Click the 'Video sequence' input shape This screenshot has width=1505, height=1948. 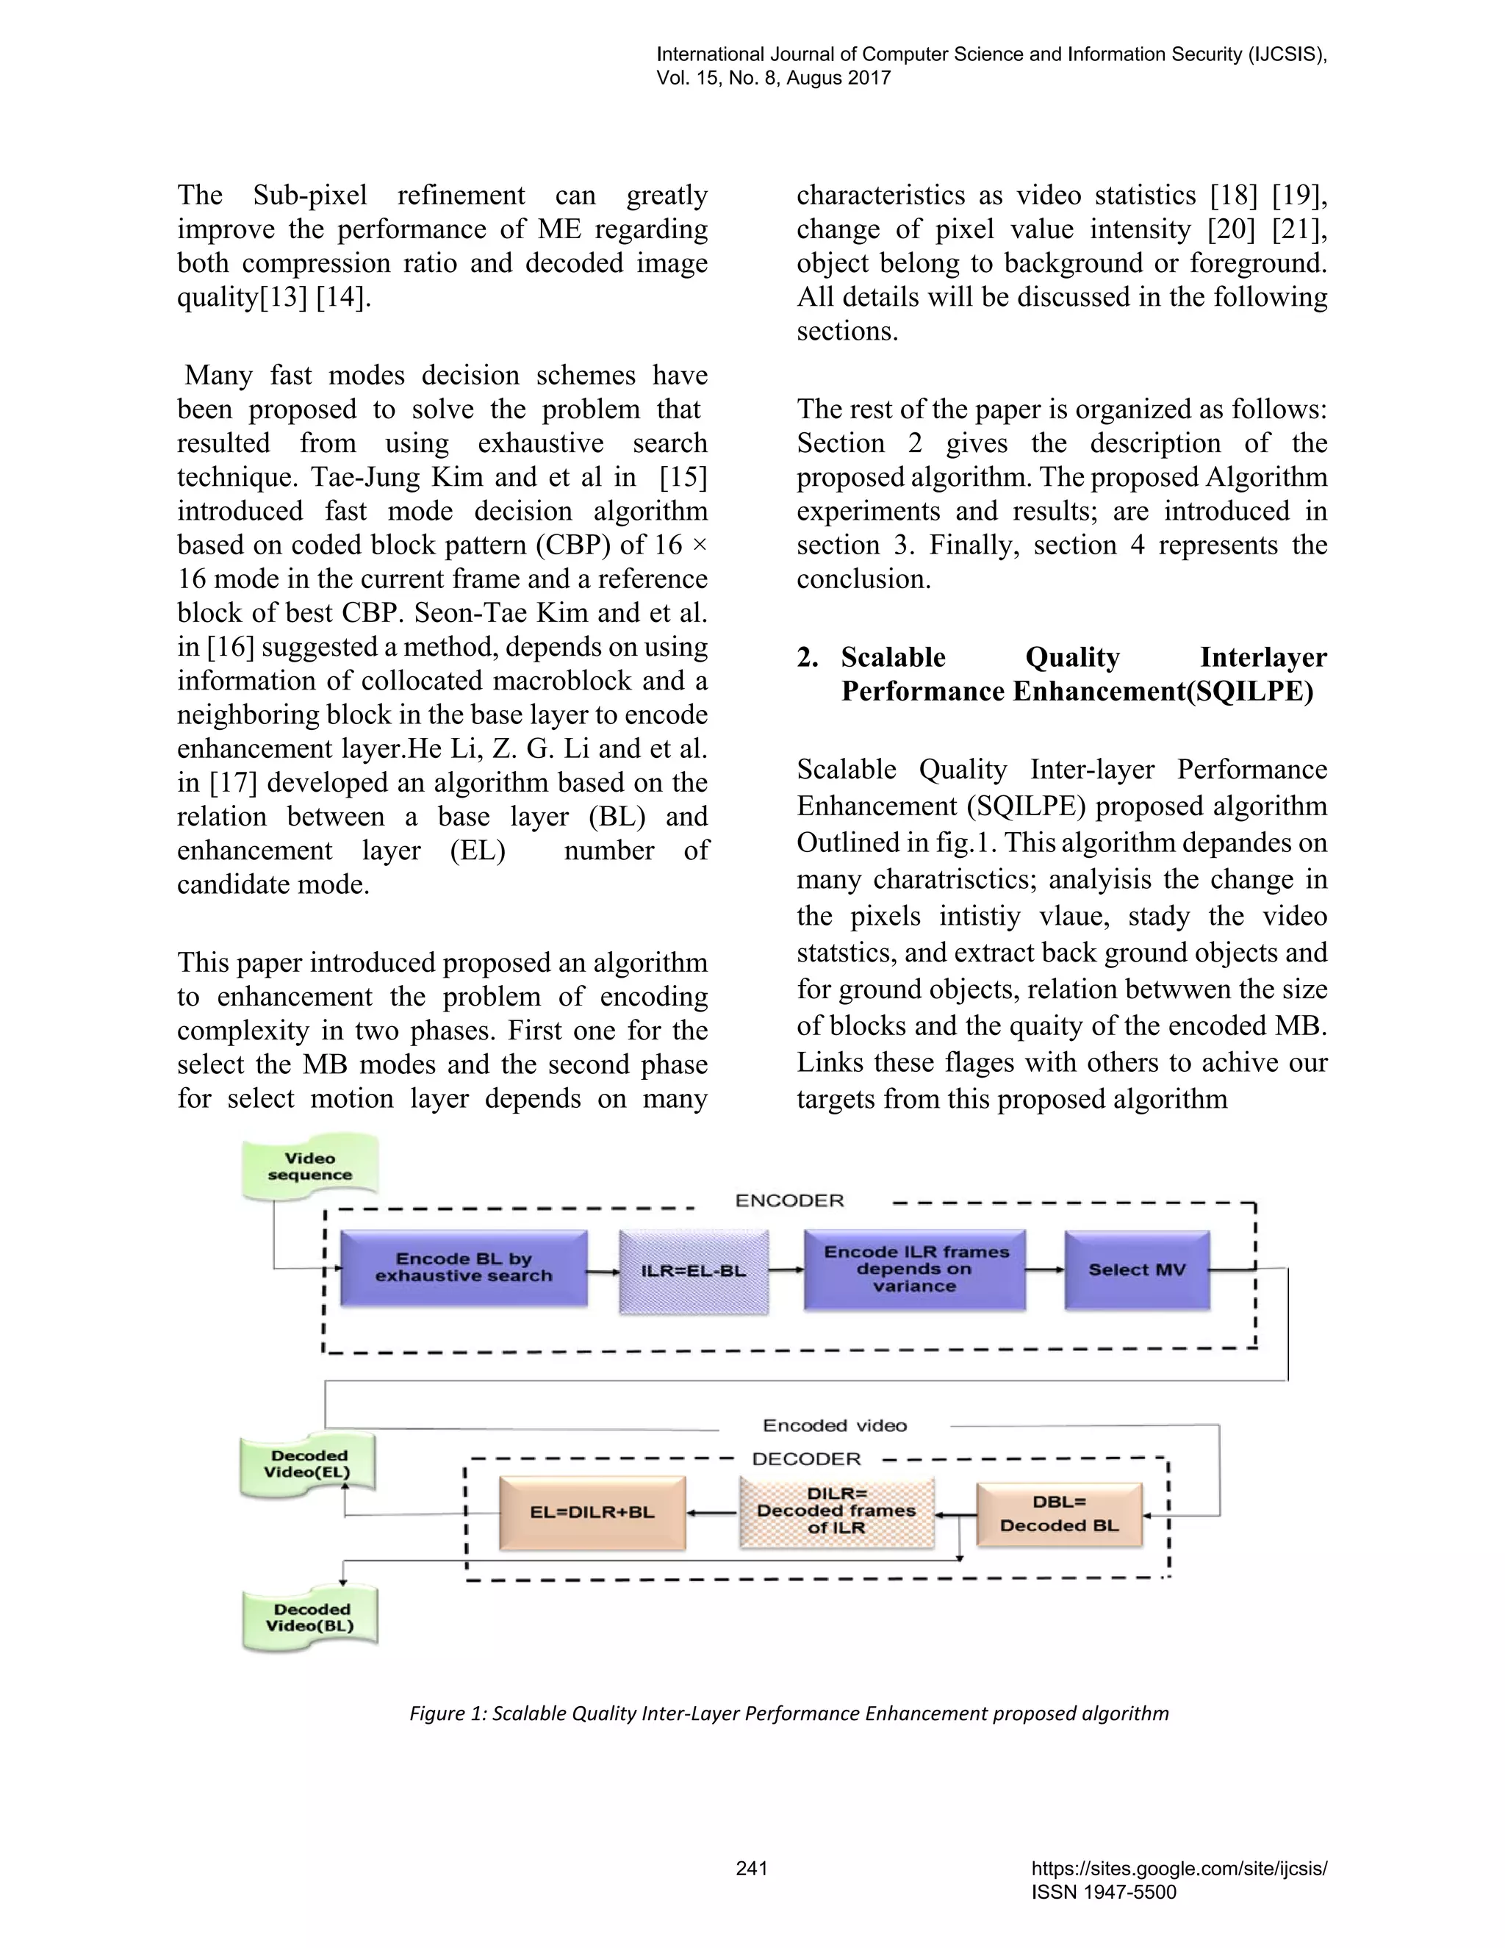click(309, 1166)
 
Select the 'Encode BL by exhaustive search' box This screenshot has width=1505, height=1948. click(464, 1267)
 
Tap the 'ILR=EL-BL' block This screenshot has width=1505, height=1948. click(694, 1271)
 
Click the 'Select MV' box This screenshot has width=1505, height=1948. click(1137, 1270)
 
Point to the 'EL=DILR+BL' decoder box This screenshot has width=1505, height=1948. click(592, 1512)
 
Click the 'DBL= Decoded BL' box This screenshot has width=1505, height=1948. click(1059, 1513)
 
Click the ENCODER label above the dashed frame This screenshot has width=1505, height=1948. click(789, 1200)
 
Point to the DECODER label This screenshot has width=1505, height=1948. click(806, 1459)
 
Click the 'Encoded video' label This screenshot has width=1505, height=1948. click(835, 1425)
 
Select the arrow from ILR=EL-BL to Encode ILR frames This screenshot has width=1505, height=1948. click(786, 1270)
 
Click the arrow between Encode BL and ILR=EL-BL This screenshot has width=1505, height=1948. click(603, 1271)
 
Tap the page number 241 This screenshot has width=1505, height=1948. click(752, 1868)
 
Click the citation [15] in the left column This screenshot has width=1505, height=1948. click(683, 477)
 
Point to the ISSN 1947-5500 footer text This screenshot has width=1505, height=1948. click(1103, 1892)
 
